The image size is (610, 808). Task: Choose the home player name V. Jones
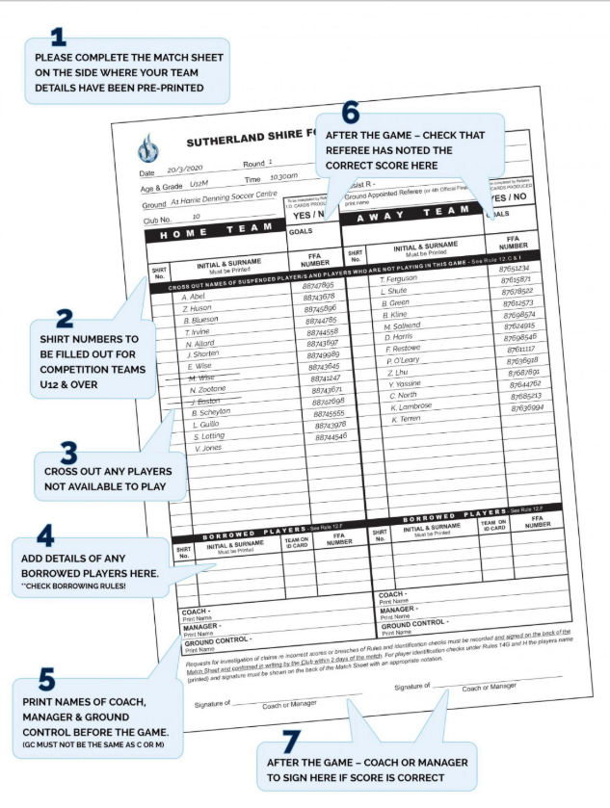click(x=209, y=449)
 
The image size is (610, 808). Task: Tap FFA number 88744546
click(x=331, y=437)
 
